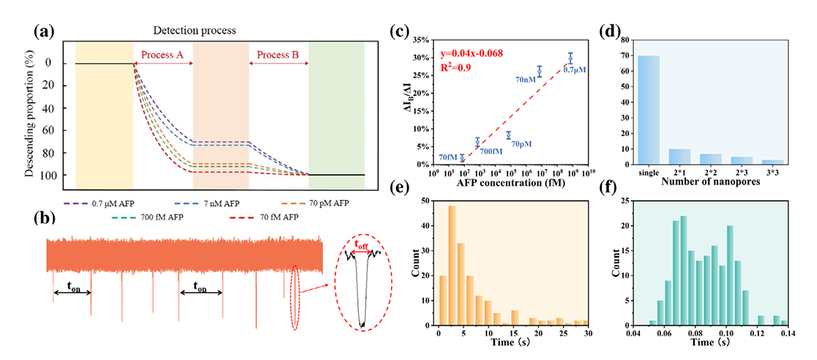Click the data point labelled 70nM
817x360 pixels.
click(539, 71)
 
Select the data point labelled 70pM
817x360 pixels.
click(508, 135)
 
